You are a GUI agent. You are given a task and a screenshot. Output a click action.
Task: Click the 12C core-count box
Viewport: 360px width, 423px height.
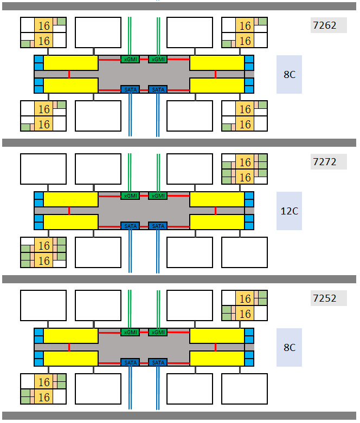click(x=289, y=211)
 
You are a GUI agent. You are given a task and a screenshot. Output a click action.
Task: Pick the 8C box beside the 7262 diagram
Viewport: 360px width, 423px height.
click(x=289, y=74)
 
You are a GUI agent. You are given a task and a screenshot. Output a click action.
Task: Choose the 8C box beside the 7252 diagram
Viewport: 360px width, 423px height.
click(x=289, y=347)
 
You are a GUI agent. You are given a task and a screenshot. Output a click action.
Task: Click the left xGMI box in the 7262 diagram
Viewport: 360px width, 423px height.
click(x=130, y=59)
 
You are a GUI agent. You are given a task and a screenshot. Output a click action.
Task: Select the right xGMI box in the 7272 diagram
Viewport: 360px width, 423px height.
click(x=158, y=196)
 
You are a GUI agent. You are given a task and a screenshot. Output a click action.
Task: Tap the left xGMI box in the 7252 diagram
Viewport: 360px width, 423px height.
click(x=130, y=332)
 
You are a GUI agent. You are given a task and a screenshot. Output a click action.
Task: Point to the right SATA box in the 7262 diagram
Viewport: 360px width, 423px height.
click(x=158, y=89)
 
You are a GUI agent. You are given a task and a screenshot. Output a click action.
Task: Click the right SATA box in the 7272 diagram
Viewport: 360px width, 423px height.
click(x=158, y=226)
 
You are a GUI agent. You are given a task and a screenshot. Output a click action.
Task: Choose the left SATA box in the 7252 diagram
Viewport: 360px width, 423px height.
click(x=130, y=362)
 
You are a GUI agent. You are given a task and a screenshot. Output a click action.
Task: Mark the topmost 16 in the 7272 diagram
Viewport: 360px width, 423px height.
click(x=245, y=162)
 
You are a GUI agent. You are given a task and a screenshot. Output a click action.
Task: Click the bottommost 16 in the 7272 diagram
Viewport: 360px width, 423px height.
click(x=44, y=261)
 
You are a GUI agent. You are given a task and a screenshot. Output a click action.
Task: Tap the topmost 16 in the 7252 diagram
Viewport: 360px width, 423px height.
click(x=245, y=299)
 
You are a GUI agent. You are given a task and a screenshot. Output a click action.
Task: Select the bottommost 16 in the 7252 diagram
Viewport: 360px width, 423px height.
click(x=44, y=397)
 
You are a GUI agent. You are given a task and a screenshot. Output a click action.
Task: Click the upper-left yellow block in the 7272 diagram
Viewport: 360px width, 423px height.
click(x=70, y=199)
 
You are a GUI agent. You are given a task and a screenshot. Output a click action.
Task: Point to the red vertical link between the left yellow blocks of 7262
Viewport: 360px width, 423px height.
click(x=69, y=74)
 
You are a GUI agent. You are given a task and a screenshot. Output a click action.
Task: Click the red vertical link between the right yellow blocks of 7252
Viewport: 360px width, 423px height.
click(x=215, y=347)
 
